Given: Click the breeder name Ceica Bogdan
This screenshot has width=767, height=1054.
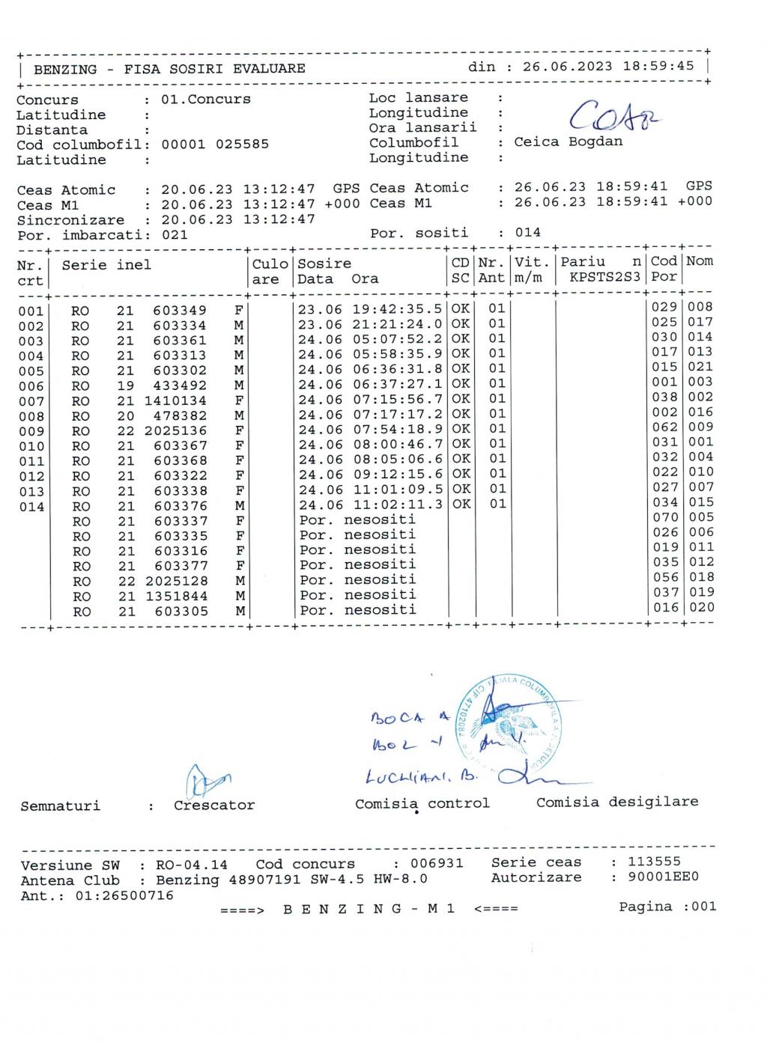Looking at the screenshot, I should click(x=568, y=142).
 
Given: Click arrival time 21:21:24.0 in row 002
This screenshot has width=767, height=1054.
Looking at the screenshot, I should click(x=397, y=324).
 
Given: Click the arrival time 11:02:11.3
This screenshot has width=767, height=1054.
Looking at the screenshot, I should click(x=397, y=504).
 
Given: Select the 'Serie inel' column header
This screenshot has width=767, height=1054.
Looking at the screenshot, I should click(x=106, y=265).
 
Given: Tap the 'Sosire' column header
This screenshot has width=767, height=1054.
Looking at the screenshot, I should click(x=324, y=263).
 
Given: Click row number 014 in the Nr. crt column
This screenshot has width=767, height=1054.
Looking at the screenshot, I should click(x=31, y=507).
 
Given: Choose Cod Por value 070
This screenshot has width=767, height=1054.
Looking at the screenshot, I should click(x=664, y=517).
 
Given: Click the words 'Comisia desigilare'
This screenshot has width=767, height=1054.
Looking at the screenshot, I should click(x=617, y=802).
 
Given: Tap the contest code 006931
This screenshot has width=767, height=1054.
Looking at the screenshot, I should click(x=437, y=863).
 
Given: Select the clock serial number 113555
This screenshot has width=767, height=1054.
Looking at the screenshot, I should click(x=654, y=862).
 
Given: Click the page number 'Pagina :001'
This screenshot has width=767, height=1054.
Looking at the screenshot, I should click(x=667, y=907).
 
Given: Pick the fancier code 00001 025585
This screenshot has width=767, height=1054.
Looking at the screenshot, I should click(x=215, y=144).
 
